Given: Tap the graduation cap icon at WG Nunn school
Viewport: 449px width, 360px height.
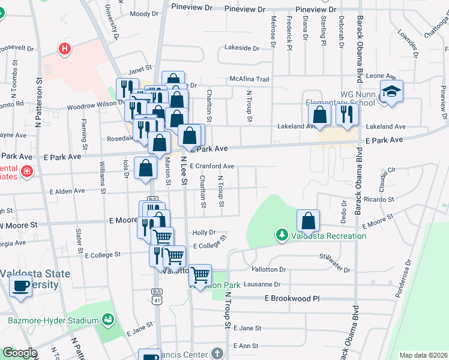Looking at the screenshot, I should click(391, 92).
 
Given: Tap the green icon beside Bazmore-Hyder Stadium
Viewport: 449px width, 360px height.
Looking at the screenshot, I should click(108, 319).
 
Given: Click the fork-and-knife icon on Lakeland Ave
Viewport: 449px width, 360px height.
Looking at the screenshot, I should click(346, 113).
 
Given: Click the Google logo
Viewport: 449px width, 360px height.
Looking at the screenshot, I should click(19, 353).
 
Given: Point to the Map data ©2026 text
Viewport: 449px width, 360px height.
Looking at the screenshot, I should click(423, 355).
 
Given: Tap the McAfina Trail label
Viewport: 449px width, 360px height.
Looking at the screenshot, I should click(250, 79).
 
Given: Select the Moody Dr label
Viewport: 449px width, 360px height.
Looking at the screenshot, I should click(143, 13).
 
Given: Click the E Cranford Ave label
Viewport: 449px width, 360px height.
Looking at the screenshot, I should click(212, 166).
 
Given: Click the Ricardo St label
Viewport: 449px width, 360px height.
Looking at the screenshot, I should click(378, 199).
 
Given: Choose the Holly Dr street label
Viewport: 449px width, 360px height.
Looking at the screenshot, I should click(203, 232).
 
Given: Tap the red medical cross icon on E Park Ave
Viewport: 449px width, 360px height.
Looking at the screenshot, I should click(25, 172).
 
